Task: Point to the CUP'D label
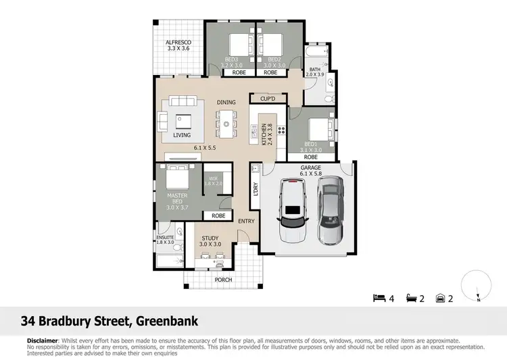point(268,99)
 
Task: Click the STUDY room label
point(210,240)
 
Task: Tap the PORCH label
point(222,279)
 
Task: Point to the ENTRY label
point(246,222)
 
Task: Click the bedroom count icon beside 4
point(379,298)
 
